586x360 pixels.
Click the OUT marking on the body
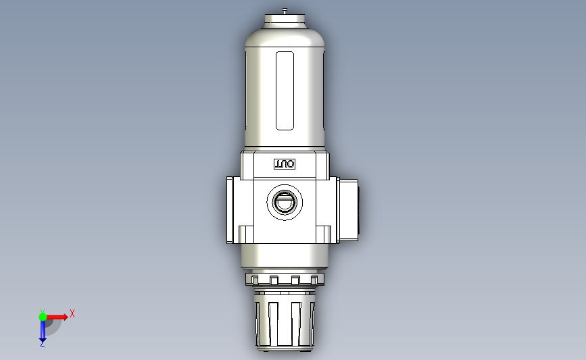(285, 164)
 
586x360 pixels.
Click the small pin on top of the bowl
(285, 10)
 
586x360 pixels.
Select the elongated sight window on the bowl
(285, 91)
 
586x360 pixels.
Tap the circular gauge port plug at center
(285, 202)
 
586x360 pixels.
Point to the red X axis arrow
(58, 316)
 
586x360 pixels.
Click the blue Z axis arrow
(43, 331)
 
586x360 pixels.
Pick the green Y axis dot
(43, 316)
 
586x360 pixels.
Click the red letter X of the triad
(72, 313)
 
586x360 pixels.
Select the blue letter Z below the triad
(42, 344)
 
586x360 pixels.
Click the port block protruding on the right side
(347, 208)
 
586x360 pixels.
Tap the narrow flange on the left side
(230, 209)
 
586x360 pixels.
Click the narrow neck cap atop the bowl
(285, 22)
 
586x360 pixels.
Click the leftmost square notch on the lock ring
(254, 280)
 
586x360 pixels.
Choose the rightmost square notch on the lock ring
(315, 280)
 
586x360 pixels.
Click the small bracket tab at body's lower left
(245, 234)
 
